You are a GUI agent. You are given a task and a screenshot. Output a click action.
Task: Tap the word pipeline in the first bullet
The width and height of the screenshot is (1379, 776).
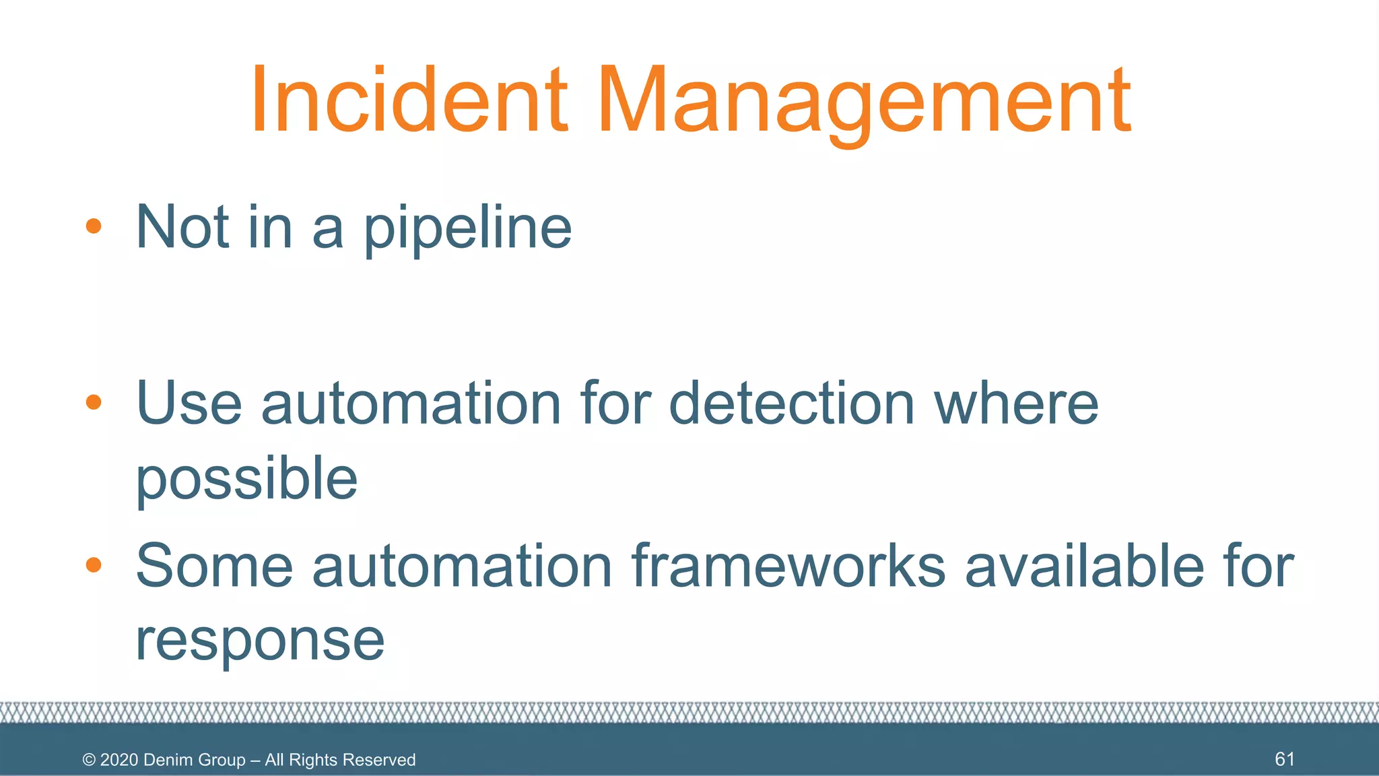(468, 229)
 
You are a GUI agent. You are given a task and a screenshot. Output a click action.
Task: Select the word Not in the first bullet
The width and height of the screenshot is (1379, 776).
(182, 227)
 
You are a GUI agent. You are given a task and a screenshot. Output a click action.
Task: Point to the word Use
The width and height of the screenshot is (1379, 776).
(189, 403)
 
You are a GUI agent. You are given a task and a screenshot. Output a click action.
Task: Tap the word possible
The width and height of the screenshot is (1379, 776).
(246, 480)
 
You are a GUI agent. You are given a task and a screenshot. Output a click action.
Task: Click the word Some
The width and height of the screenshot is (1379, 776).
(214, 565)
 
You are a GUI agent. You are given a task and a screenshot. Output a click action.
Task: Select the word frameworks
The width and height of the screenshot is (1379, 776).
(788, 565)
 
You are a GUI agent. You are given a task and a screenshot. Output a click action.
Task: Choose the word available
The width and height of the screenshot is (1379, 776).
(1084, 565)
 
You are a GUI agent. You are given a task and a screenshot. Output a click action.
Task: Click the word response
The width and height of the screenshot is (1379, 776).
(260, 641)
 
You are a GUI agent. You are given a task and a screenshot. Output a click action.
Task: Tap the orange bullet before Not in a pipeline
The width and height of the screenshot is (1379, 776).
(94, 226)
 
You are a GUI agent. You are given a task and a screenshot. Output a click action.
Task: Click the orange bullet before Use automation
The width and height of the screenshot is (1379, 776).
(94, 403)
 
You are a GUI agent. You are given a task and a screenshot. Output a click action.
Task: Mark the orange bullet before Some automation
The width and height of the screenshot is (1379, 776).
(94, 565)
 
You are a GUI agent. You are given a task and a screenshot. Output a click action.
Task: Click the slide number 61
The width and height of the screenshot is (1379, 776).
(1284, 759)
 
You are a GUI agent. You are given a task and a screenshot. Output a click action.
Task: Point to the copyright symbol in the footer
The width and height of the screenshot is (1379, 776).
(88, 761)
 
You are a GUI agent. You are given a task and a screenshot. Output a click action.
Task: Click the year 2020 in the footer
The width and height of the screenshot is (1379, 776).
(119, 760)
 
